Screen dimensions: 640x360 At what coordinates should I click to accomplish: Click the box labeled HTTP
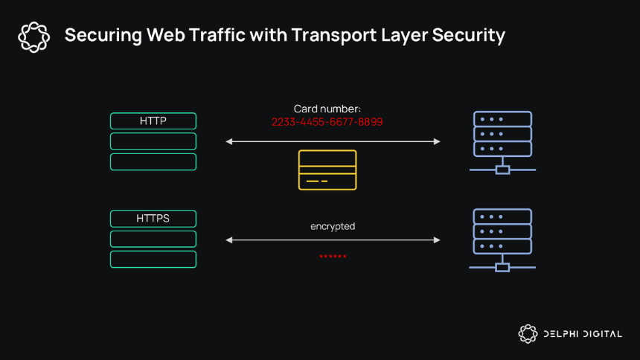click(x=153, y=120)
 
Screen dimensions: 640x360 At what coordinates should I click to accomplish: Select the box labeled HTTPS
click(x=153, y=219)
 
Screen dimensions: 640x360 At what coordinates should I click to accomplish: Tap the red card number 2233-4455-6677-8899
click(x=327, y=122)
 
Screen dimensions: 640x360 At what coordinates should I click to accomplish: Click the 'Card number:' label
click(x=327, y=109)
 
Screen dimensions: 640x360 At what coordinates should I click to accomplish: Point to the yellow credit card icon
click(x=327, y=170)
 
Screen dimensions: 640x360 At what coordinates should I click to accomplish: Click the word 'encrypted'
click(x=333, y=226)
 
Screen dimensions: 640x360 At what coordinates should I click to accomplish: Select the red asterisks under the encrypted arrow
click(x=333, y=257)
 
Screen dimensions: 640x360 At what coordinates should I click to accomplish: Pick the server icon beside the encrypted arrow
click(x=502, y=240)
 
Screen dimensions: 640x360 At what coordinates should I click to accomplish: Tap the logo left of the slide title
click(x=34, y=37)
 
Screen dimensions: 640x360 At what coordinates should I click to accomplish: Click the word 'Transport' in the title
click(x=334, y=35)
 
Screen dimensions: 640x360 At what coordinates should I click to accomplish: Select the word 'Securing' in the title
click(x=103, y=36)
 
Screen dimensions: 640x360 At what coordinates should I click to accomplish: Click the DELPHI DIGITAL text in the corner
click(x=583, y=334)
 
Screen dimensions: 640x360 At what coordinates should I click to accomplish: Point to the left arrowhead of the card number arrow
click(x=228, y=141)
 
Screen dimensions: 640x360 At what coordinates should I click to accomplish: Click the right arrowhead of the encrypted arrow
click(x=437, y=240)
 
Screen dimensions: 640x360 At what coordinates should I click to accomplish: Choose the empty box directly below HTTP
click(x=153, y=141)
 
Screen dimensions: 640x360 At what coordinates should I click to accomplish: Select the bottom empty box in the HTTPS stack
click(x=153, y=259)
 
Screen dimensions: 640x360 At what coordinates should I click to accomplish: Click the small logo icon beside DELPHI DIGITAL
click(x=528, y=334)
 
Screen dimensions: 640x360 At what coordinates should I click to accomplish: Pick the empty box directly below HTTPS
click(x=153, y=239)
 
